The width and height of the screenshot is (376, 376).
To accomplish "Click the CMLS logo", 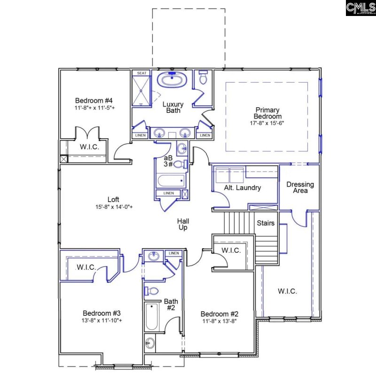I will pos(360,8).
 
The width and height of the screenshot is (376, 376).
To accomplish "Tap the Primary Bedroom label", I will pos(267,113).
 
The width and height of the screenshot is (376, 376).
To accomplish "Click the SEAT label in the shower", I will pos(141,73).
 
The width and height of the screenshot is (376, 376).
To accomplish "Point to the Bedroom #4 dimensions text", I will pos(94,108).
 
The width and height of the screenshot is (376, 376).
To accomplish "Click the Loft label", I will pos(113,199).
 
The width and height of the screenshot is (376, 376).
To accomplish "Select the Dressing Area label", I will pos(300,188).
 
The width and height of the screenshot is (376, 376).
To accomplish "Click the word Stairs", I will pos(266,223).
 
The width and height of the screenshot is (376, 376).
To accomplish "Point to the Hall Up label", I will pos(183,224).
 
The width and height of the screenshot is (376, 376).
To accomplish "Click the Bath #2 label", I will pos(170,305).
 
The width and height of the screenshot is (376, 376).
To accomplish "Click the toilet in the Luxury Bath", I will pos(203,78).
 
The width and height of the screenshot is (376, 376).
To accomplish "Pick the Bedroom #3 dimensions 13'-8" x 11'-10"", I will pos(102,321).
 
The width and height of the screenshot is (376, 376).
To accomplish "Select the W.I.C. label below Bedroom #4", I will pos(88,147).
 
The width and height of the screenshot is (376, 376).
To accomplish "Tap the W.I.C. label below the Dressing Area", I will pos(287,291).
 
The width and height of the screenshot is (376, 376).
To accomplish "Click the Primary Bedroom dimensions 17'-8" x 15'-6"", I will pos(267,123).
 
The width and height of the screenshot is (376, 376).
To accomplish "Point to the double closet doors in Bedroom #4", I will pos(88,132).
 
